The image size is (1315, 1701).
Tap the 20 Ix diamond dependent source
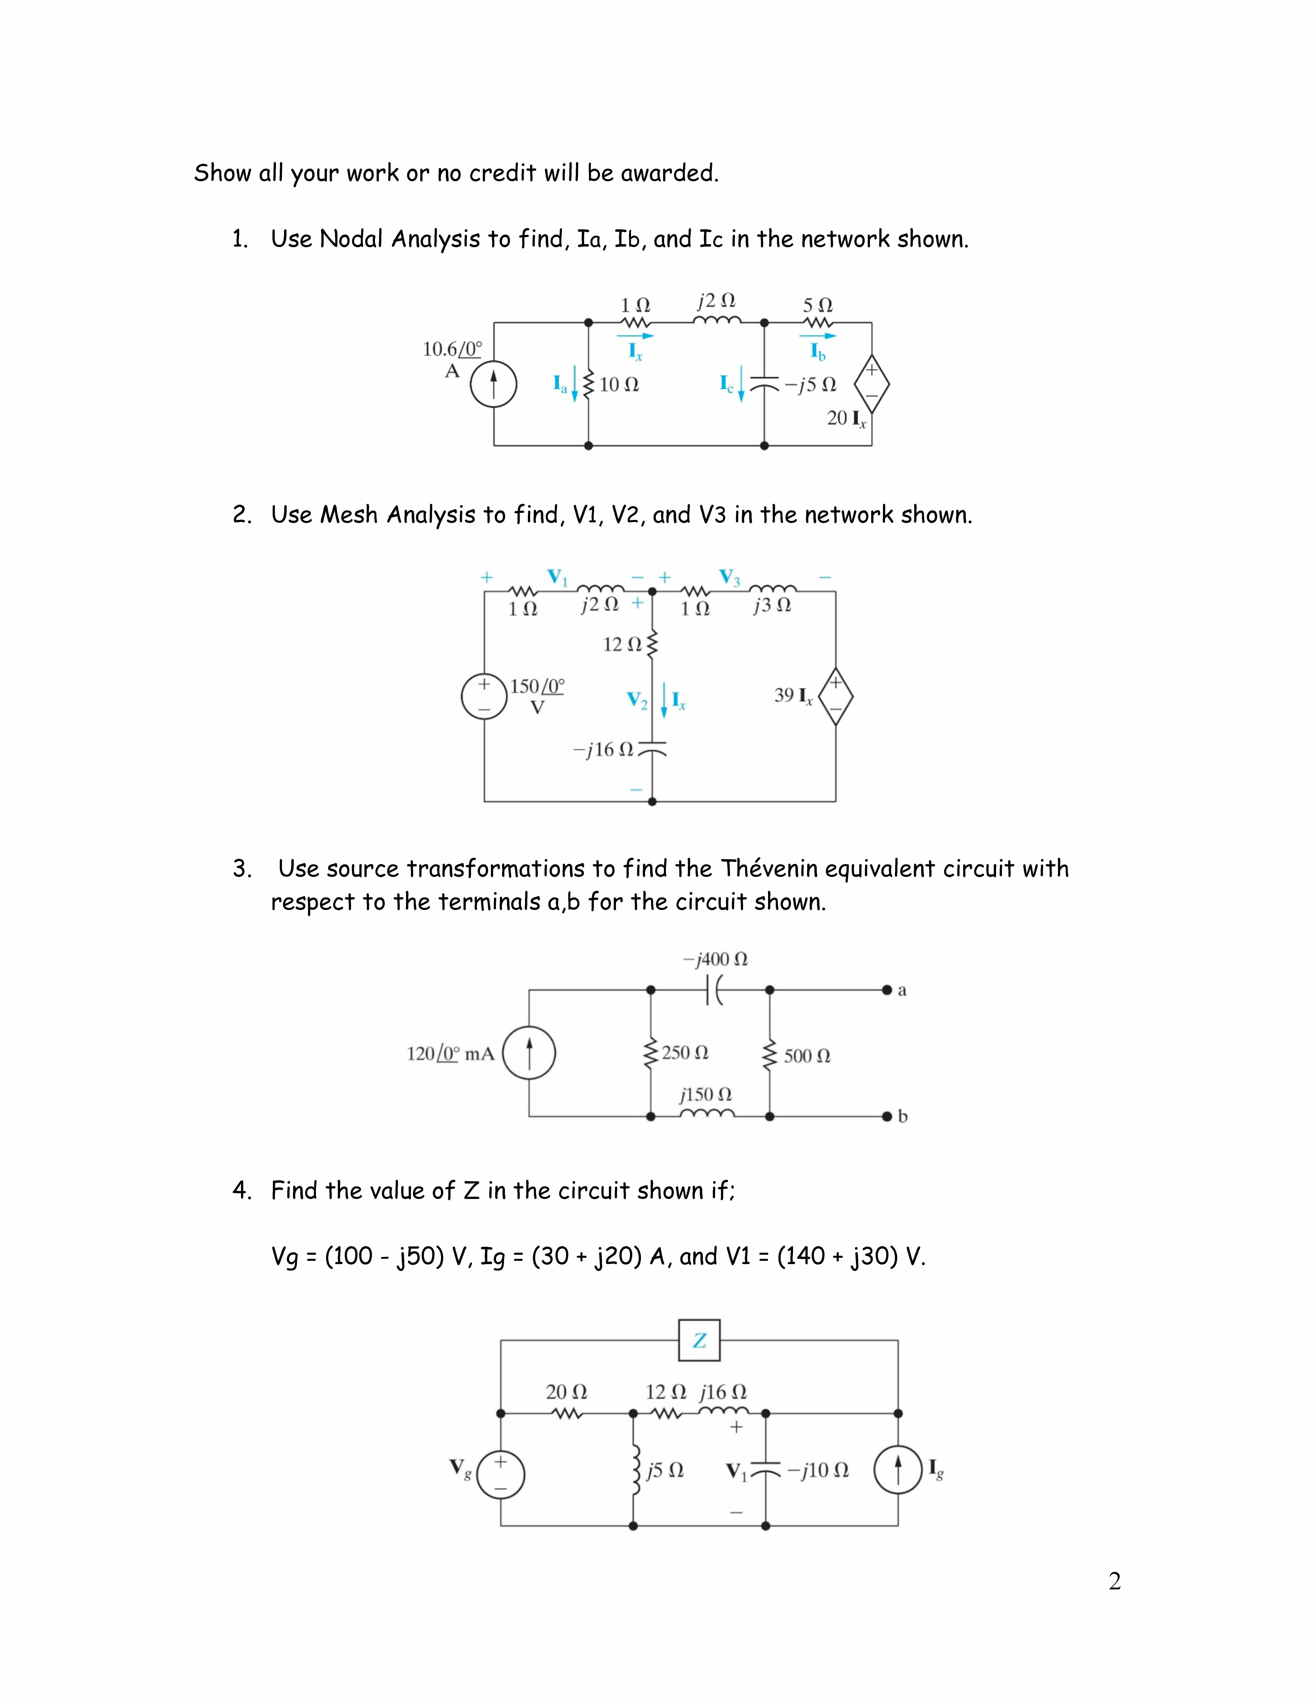[x=872, y=384]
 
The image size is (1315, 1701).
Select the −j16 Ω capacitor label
[x=604, y=750]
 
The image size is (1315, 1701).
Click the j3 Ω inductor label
[x=772, y=605]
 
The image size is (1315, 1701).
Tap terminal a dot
[x=887, y=990]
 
